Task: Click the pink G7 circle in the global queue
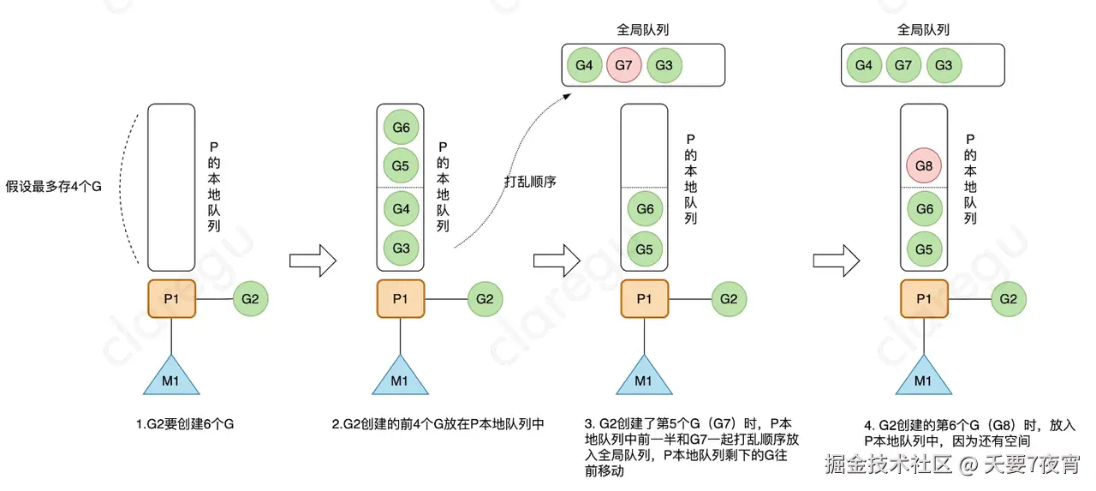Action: (x=625, y=65)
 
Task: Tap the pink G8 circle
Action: (x=924, y=165)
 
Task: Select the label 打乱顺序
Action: (x=531, y=182)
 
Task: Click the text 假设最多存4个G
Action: (x=54, y=187)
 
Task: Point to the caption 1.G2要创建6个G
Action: (x=184, y=424)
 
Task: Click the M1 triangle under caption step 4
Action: (x=923, y=375)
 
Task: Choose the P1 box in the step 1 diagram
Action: (x=171, y=298)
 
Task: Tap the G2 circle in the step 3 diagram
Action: (x=728, y=298)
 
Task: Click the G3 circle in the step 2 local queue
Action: (x=401, y=248)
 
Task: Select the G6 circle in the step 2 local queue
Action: (x=401, y=127)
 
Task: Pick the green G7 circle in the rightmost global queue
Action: (x=904, y=65)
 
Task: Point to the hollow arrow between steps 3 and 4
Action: (x=836, y=260)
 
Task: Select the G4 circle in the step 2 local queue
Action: (x=401, y=209)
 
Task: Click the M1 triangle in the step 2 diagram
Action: (x=401, y=375)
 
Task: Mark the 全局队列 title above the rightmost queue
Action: (x=923, y=30)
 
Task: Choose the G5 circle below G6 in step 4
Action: (x=924, y=248)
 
